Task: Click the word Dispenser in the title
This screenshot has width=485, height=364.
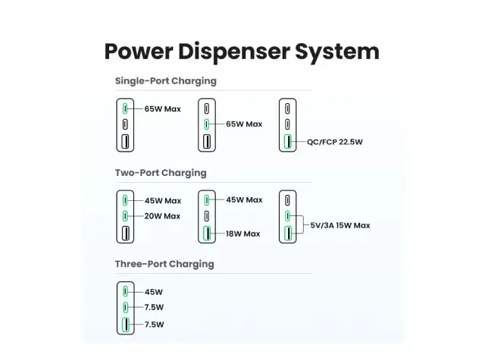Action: (233, 52)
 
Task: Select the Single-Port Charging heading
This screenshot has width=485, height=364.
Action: (166, 81)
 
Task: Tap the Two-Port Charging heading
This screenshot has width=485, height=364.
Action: (161, 173)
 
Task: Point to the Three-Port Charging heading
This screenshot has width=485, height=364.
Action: (164, 264)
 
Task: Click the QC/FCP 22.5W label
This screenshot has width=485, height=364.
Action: (335, 142)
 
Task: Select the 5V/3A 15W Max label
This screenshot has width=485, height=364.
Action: (340, 225)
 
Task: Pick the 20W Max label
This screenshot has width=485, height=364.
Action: (162, 216)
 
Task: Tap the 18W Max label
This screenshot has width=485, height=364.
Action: (243, 234)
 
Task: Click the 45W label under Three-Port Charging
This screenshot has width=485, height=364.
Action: (154, 292)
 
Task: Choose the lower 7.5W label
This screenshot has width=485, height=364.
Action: (155, 325)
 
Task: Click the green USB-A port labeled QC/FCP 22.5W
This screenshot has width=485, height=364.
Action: (288, 142)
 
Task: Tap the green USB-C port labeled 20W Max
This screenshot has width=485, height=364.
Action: (125, 215)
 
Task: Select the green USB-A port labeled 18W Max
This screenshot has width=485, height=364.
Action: (207, 234)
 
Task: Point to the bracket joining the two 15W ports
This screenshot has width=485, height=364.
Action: (303, 224)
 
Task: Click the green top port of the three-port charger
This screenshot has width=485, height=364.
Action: (125, 291)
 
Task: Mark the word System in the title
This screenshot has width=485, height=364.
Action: (337, 52)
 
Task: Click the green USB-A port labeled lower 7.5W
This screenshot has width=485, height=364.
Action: (126, 325)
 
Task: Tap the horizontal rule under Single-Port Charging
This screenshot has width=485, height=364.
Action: (214, 90)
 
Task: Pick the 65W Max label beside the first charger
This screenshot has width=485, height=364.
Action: (163, 109)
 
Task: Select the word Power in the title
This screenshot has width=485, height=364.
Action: (139, 52)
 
